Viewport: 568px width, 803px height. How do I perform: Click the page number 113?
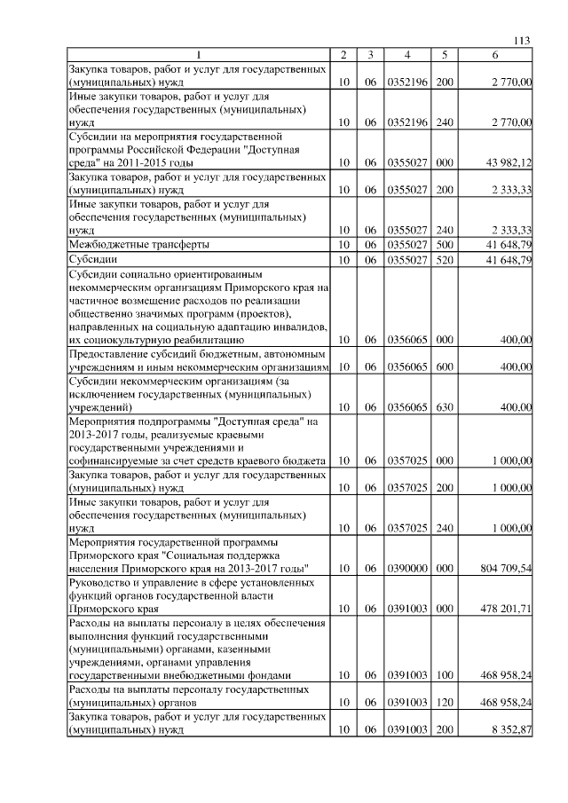(522, 40)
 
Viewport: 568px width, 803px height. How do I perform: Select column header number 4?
(406, 55)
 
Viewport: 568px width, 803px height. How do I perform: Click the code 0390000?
(406, 568)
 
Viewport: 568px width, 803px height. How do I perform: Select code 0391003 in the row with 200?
(406, 729)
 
